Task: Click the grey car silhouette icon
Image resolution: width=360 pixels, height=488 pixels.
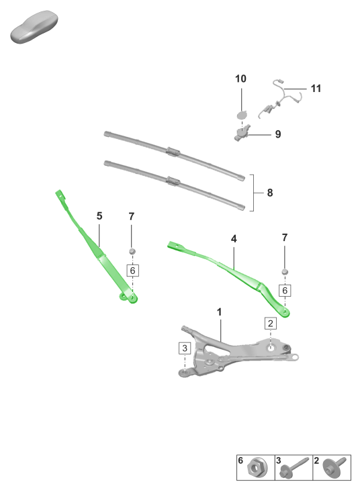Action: [34, 27]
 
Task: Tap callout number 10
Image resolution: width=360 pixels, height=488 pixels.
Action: [240, 79]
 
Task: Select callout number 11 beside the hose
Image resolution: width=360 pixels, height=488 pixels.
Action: [316, 89]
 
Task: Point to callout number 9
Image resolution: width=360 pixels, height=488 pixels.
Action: [278, 134]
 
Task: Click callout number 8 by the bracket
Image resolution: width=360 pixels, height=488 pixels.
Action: [270, 193]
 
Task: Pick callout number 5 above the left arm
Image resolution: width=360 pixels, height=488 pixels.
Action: [99, 215]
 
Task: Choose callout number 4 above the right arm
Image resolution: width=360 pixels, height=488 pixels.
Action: [234, 239]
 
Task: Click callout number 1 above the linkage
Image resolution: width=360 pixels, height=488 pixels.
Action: [219, 312]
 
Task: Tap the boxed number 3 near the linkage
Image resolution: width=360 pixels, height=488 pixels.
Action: [185, 348]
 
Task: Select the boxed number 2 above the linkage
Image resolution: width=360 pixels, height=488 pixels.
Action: [270, 324]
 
